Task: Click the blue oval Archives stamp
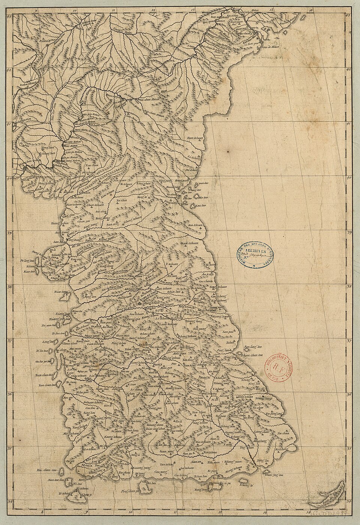[255, 256]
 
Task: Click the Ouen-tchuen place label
[190, 244]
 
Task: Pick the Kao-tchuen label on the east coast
[195, 225]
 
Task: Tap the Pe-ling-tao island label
[27, 260]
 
